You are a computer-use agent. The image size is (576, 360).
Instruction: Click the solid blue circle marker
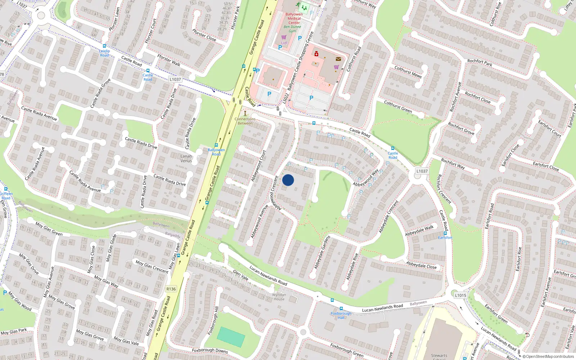point(288,180)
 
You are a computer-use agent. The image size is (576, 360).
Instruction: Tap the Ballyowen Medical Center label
point(294,18)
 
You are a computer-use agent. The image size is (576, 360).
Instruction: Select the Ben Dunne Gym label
point(292,29)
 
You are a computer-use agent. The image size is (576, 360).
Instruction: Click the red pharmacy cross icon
point(316,54)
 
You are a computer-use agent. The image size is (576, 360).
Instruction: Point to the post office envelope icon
point(338,59)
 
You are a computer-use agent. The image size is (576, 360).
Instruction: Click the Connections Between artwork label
point(245,121)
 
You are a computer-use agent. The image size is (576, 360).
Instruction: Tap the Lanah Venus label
point(186,158)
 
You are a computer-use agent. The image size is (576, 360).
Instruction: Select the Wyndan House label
point(279,297)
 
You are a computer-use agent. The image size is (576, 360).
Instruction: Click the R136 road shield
point(171,289)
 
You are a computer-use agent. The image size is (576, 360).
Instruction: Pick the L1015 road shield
point(460,295)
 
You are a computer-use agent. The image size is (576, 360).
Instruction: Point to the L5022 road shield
point(285,98)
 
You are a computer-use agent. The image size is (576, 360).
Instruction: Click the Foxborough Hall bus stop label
point(341,315)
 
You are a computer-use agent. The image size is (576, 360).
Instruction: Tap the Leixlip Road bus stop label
point(104,53)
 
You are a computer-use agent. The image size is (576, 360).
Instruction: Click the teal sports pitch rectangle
point(231,337)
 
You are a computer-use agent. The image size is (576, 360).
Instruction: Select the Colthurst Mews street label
point(408,72)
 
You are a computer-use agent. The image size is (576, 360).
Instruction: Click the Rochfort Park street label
point(480,63)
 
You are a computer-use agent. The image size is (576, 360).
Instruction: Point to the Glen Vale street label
point(240,275)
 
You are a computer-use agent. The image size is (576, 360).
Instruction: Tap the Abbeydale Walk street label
point(419,230)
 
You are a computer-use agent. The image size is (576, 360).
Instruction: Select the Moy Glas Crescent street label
point(152,266)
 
